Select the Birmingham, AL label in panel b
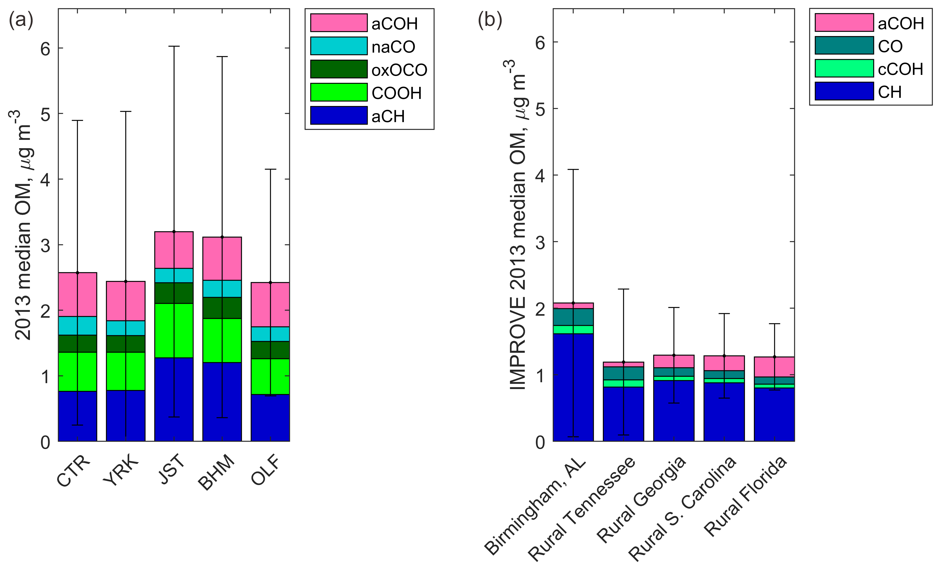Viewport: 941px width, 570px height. point(535,506)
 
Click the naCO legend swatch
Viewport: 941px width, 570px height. point(338,46)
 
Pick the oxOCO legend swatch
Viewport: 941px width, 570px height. point(338,69)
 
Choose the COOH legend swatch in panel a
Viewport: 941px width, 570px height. point(338,92)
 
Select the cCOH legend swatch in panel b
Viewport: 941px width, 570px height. point(844,68)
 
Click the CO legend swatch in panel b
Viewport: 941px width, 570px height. point(844,45)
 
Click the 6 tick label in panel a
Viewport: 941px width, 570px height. point(45,49)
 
